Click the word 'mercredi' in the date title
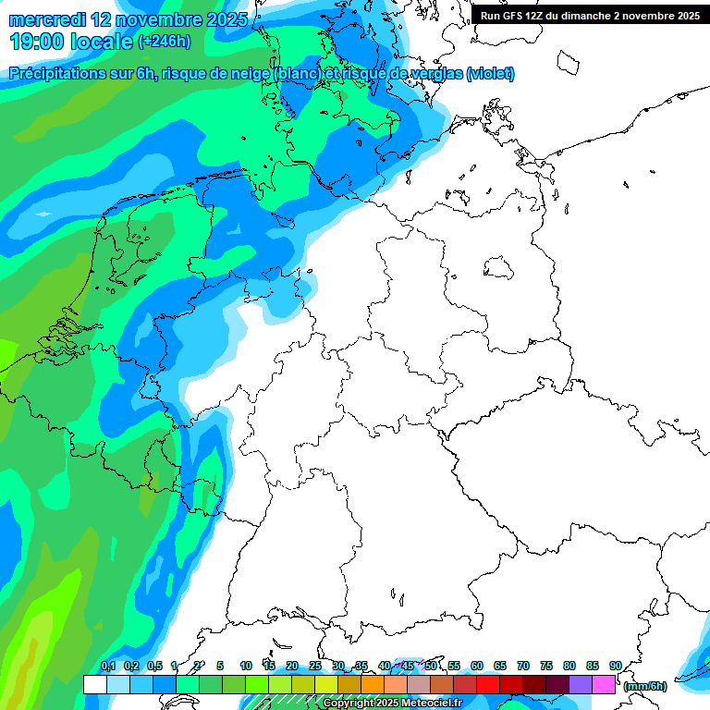pos(47,19)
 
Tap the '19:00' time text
pos(37,42)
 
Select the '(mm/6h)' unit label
pos(644,686)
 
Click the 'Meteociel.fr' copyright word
pos(428,704)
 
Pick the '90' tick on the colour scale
pos(616,666)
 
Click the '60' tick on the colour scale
pos(477,666)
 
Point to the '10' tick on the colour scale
pos(246,666)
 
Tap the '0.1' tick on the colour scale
pos(107,666)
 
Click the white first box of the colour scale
pos(94,685)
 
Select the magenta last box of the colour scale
pos(604,685)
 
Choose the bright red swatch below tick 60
pos(488,685)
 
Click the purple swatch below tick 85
pos(581,685)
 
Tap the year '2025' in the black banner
pos(683,16)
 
